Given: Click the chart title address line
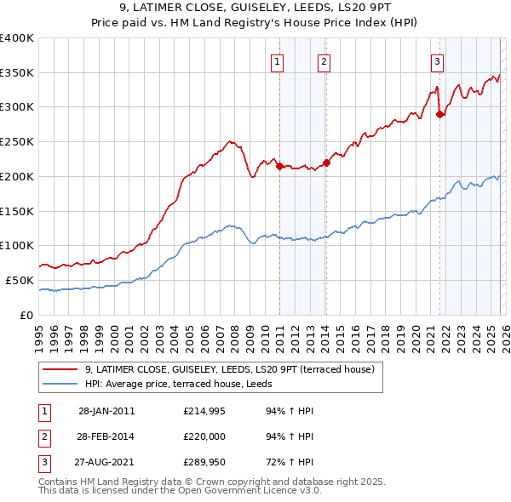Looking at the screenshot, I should point(255,7).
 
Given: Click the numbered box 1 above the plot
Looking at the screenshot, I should point(278,60).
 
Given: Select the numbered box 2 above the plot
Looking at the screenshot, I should point(324,60).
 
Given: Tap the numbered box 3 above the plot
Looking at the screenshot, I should point(437,60).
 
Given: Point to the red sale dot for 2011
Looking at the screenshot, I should point(279,166).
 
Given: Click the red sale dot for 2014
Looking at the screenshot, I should point(326,163).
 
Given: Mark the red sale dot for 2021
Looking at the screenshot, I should point(439,114).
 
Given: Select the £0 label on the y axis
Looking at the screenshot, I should point(26,315).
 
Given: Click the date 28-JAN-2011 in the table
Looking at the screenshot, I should point(106,411).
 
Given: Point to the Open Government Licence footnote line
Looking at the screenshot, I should point(181,491).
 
